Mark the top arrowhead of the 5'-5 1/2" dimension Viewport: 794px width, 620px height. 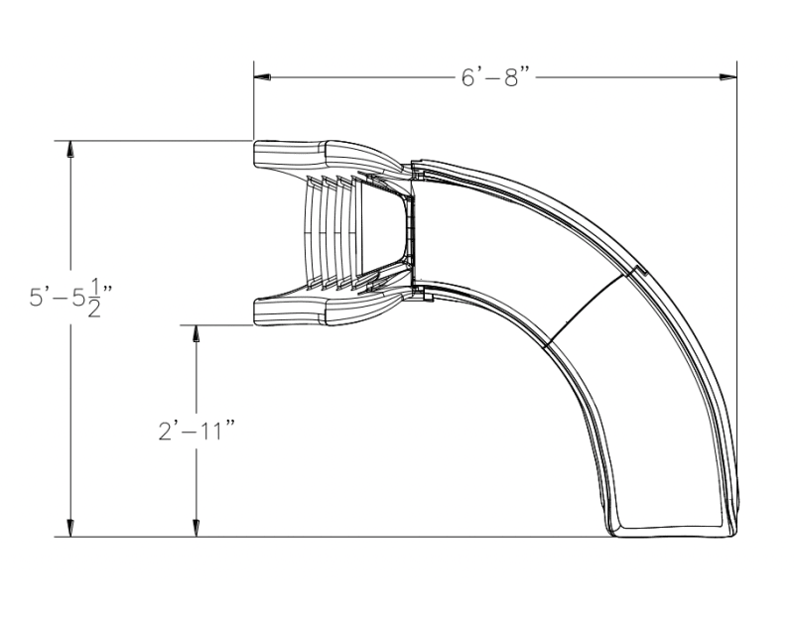coord(69,149)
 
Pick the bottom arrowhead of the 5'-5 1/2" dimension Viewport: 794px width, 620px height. coord(69,529)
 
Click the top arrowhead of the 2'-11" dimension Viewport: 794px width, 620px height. coord(197,332)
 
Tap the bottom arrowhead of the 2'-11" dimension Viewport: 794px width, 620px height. coord(197,529)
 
